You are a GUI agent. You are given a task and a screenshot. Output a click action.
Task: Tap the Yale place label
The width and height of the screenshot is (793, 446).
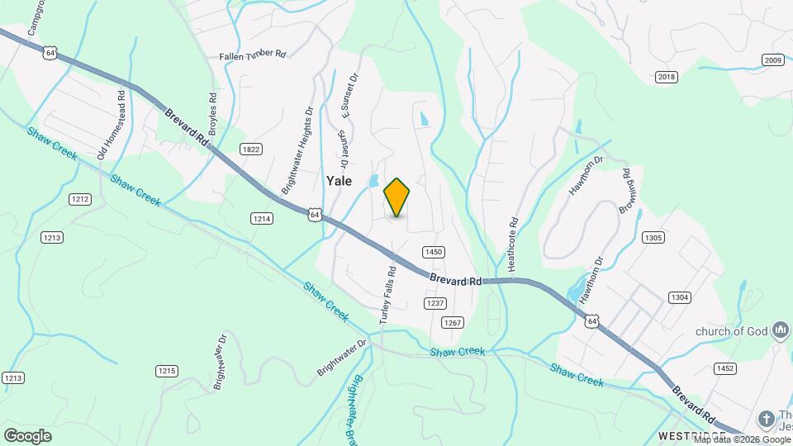click(340, 181)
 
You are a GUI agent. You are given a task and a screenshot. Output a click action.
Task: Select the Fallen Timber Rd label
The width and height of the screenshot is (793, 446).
click(252, 55)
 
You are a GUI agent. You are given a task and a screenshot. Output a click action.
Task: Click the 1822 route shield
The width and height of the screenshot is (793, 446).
click(251, 149)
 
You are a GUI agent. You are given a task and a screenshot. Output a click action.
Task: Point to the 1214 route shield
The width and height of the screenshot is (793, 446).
click(262, 218)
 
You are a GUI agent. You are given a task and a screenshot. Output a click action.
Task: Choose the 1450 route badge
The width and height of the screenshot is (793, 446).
click(434, 252)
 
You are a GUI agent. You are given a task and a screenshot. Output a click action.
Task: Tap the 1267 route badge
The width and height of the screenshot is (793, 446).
click(451, 322)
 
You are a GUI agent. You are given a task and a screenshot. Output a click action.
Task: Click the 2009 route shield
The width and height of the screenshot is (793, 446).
click(772, 59)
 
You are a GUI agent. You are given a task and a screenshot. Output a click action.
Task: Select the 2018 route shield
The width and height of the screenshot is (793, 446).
click(666, 77)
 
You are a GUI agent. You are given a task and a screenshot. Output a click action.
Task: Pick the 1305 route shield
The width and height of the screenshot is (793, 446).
click(653, 238)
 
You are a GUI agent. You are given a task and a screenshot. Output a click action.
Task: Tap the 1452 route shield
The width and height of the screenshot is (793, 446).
click(725, 368)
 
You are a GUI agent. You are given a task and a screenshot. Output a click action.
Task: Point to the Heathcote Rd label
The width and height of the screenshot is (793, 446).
click(512, 244)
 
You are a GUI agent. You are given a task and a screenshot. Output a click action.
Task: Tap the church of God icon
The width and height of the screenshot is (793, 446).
click(781, 331)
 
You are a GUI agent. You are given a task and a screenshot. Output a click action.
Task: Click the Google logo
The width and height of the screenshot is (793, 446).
click(27, 435)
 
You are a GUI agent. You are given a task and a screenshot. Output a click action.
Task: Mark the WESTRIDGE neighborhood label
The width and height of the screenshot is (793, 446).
click(691, 435)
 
